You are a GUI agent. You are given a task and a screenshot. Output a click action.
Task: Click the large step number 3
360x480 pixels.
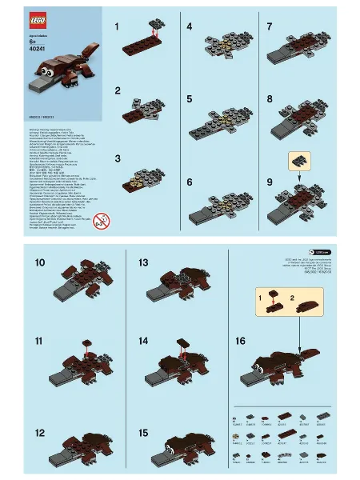point(118,158)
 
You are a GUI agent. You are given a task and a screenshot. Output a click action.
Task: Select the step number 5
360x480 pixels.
point(189,99)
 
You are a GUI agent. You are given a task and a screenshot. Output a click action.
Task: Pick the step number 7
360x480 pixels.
point(270,26)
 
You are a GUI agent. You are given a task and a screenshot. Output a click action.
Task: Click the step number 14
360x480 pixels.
point(143,341)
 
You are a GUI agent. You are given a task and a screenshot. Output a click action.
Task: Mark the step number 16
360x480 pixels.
point(240,341)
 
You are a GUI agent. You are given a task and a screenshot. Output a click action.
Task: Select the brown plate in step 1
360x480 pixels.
point(148,38)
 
